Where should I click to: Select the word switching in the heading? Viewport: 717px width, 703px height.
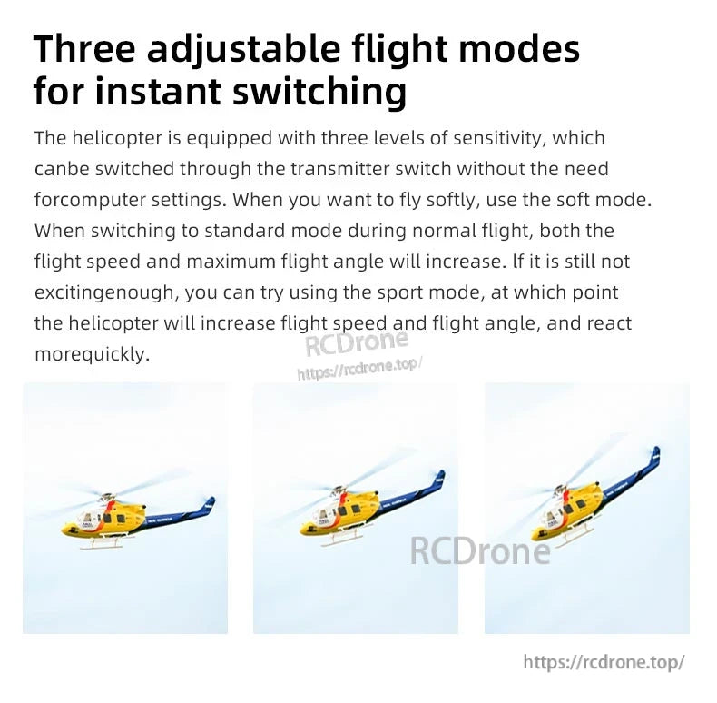[x=316, y=92]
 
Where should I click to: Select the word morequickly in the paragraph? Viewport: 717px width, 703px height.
[x=91, y=354]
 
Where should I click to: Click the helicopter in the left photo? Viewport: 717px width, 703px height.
[x=136, y=519]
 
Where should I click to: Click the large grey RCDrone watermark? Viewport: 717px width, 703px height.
[x=480, y=550]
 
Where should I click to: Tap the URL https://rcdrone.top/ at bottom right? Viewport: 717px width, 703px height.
[x=604, y=662]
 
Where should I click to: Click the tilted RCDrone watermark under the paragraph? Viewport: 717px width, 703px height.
[x=356, y=344]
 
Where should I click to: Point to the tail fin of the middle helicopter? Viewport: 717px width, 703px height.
[x=439, y=478]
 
